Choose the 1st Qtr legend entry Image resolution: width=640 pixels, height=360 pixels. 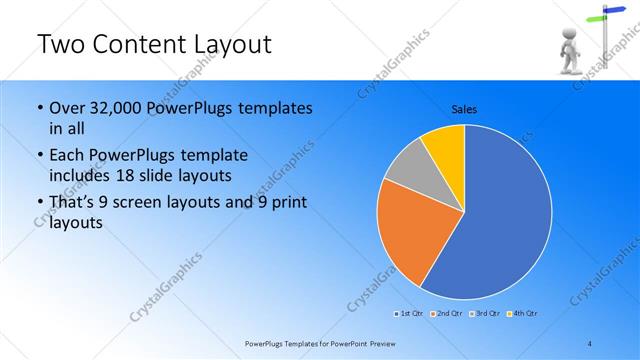pyautogui.click(x=407, y=314)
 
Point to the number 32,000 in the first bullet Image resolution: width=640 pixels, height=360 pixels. pyautogui.click(x=113, y=108)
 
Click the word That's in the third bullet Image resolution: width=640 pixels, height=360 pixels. pyautogui.click(x=73, y=203)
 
